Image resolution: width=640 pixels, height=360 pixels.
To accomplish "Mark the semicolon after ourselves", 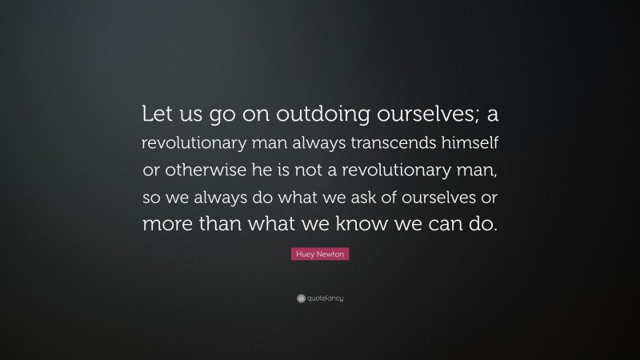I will [x=477, y=118].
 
